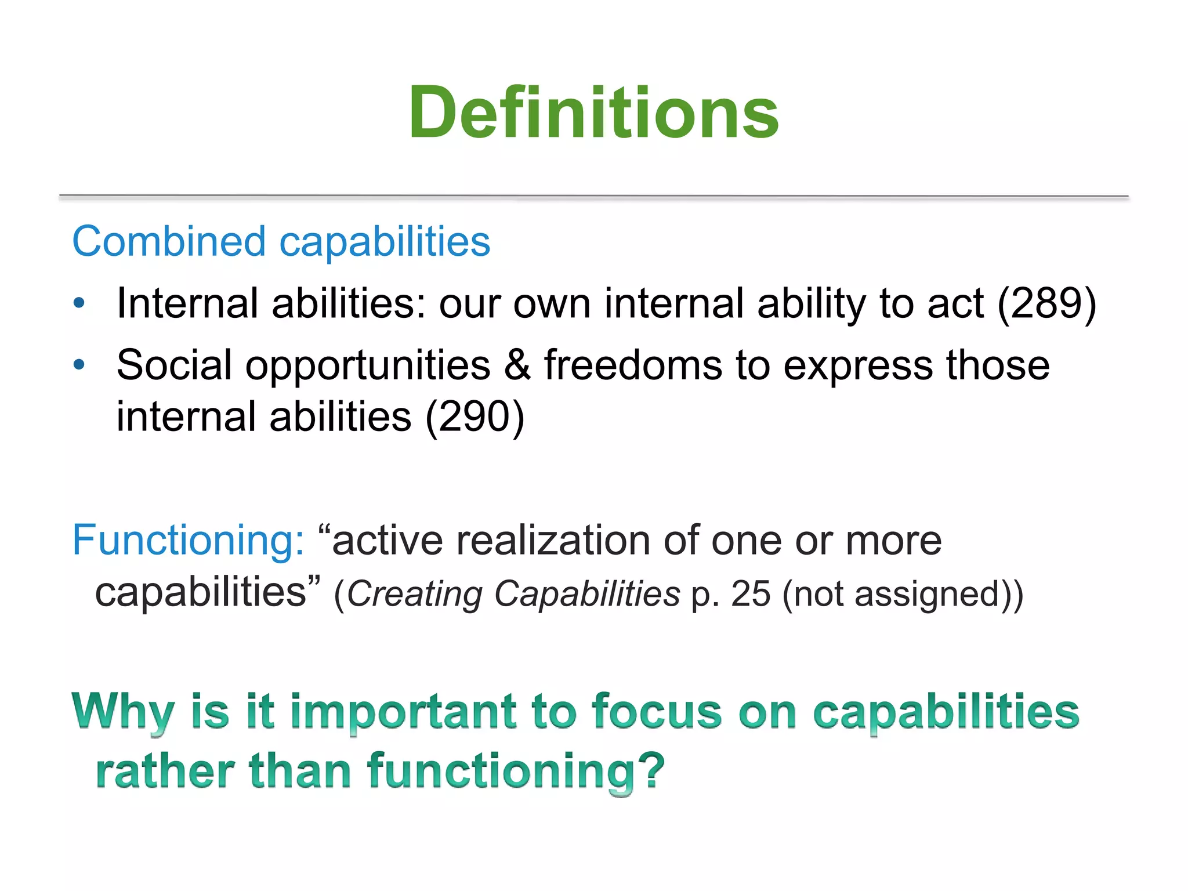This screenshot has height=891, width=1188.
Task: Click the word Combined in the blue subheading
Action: pyautogui.click(x=168, y=241)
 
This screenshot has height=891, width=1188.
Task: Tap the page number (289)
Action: pyautogui.click(x=1046, y=304)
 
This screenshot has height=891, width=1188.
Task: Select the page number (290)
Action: pyautogui.click(x=475, y=416)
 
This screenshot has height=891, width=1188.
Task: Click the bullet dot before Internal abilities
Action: pyautogui.click(x=79, y=303)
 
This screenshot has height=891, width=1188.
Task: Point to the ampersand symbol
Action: pyautogui.click(x=517, y=365)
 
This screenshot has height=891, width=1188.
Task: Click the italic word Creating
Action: pyautogui.click(x=414, y=594)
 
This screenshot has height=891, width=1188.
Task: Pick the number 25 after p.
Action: pyautogui.click(x=751, y=594)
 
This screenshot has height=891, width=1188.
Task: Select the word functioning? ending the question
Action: pyautogui.click(x=515, y=772)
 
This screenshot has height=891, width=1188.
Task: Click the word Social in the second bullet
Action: pyautogui.click(x=174, y=365)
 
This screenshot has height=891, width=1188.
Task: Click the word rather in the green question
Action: pyautogui.click(x=165, y=772)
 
